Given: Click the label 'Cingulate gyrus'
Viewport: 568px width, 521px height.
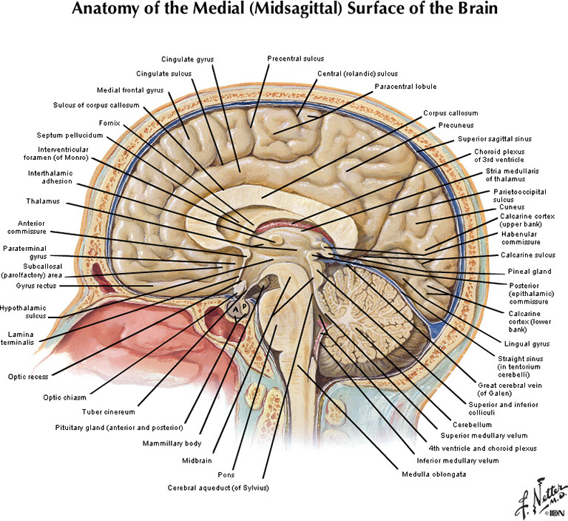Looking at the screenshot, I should pos(188,58).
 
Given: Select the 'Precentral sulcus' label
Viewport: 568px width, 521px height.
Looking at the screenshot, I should pos(295,58).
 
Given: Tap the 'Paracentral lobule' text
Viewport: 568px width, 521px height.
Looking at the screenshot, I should pos(405,87).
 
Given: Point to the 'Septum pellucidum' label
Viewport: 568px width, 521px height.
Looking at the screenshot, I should pos(70,135).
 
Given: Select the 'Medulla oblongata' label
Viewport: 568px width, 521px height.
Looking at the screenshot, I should pos(433,474).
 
